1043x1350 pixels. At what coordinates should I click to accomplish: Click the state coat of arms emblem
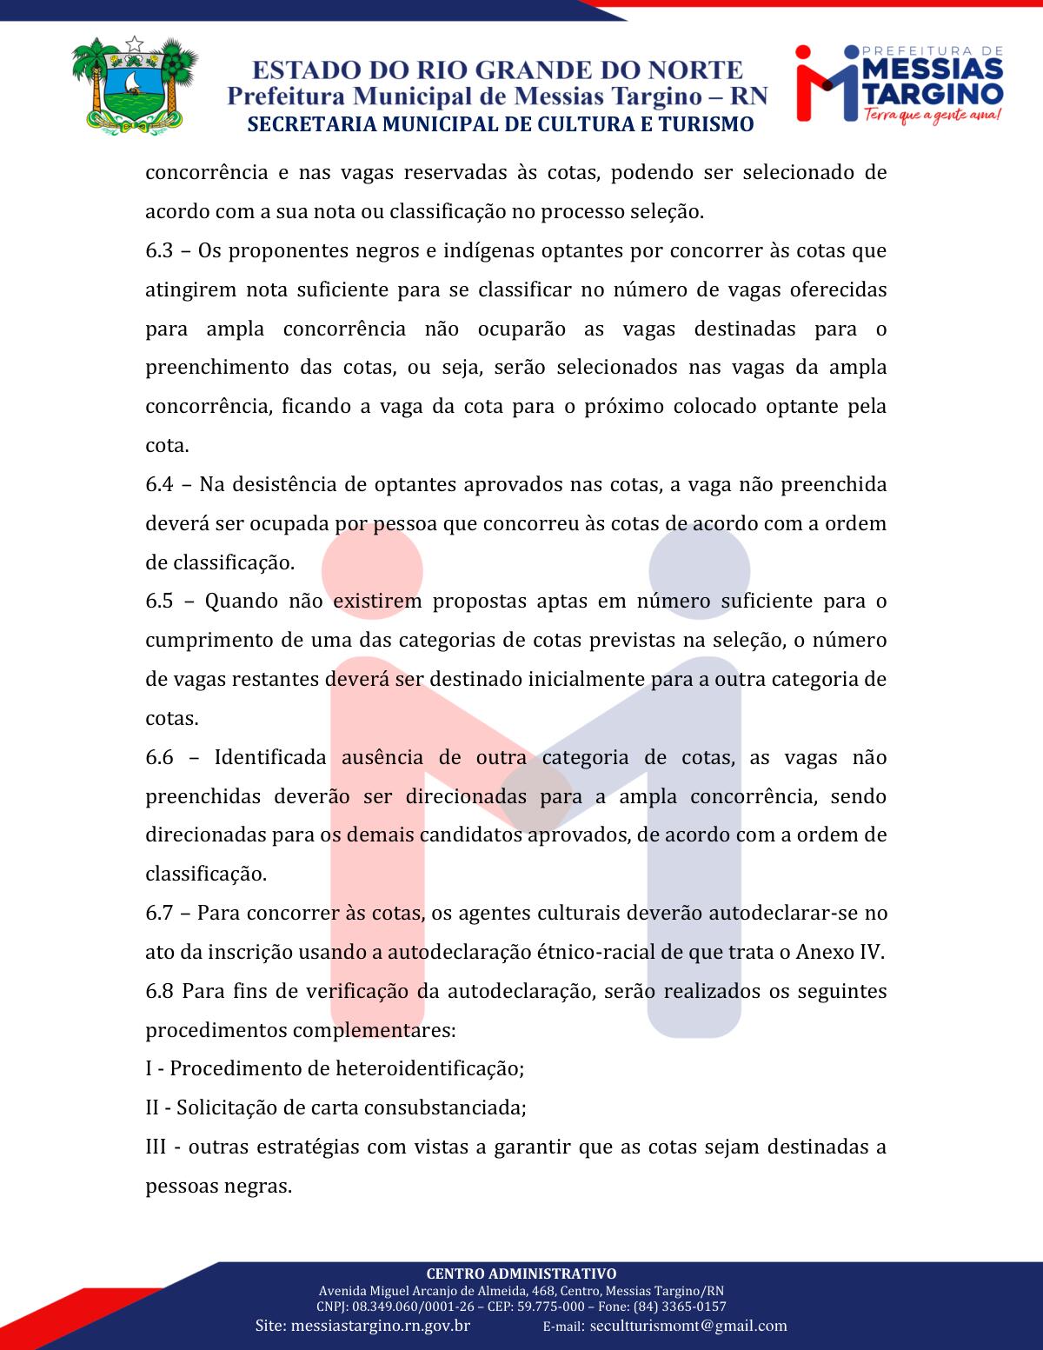coord(134,85)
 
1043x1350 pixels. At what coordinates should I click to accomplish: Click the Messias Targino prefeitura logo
coord(900,83)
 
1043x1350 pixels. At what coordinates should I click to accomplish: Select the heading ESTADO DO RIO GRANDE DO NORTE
coord(498,70)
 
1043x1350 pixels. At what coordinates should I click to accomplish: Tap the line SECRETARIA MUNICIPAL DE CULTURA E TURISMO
coord(500,124)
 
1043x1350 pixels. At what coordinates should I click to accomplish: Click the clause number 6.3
coord(159,251)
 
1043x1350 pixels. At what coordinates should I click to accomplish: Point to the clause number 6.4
coord(159,484)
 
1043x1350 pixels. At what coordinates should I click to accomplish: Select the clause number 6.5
coord(159,602)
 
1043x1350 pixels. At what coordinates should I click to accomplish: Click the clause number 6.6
coord(159,757)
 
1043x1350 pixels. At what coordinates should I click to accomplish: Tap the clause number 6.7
coord(159,913)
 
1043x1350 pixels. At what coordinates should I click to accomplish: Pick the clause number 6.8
coord(159,991)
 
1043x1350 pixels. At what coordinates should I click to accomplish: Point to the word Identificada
coord(269,757)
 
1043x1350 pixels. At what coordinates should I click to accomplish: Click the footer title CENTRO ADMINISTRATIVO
coord(521,1274)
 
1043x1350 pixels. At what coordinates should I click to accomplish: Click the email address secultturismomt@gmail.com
coord(688,1327)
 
